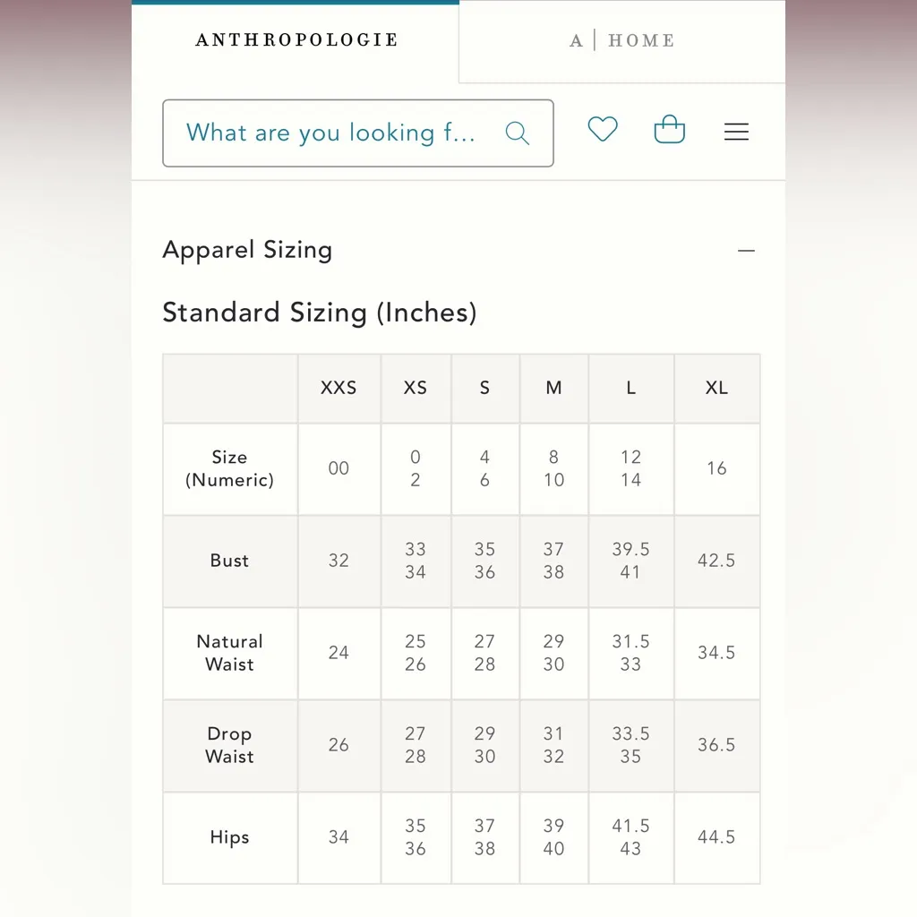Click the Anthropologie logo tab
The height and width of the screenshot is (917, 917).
296,40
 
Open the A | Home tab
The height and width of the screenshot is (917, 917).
622,41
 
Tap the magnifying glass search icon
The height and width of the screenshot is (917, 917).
518,133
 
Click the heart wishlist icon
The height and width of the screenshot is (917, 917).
603,130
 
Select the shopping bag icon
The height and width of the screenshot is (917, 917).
670,131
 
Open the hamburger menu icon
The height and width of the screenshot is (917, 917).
736,133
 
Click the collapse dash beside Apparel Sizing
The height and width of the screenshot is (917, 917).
746,251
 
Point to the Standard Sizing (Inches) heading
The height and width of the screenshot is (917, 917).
320,313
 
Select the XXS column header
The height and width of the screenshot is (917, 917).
339,389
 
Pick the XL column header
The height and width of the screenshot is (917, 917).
716,389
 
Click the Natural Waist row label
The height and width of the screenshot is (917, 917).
230,653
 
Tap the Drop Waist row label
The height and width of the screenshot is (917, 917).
230,745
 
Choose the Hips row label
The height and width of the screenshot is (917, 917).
230,837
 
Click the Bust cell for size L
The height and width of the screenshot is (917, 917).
630,561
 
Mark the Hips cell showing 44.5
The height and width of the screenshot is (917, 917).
716,837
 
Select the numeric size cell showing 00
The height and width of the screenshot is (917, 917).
339,468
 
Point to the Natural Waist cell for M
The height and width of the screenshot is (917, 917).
553,653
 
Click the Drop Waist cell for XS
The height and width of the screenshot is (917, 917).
416,745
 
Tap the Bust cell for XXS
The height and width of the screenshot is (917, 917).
339,561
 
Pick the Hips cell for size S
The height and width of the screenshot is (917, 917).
484,837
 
